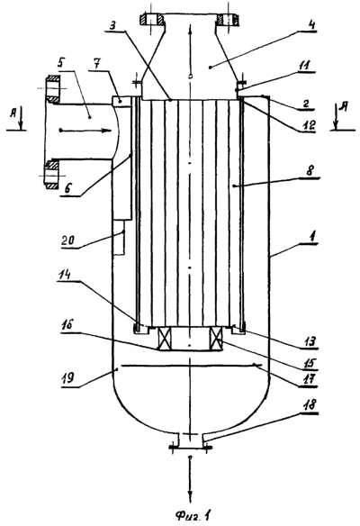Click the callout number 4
pos(311,25)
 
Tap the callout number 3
pos(115,26)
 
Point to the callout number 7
pos(95,65)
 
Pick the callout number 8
pos(310,171)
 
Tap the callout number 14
pos(65,275)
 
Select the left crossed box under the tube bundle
pos(164,339)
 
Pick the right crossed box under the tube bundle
pos(216,339)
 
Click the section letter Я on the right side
pos(343,108)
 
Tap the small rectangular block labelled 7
pos(121,102)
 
